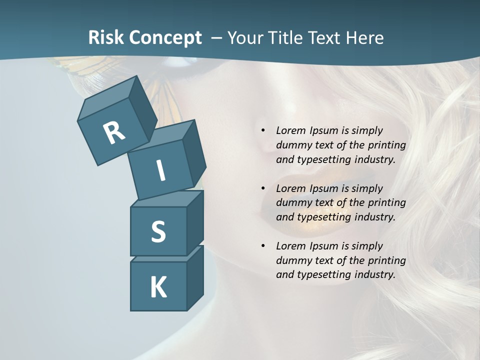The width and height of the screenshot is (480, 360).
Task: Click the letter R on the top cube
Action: pos(114,133)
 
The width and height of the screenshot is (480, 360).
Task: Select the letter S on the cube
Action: pos(158,232)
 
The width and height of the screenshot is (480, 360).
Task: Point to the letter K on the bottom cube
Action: pos(158,287)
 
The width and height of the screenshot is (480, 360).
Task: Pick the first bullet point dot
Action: pos(263,131)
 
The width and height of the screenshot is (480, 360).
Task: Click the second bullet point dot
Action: pos(263,188)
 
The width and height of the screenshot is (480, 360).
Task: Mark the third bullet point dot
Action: pos(263,246)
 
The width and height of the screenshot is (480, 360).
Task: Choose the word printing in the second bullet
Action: pos(387,203)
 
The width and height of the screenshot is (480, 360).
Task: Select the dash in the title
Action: pos(216,38)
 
